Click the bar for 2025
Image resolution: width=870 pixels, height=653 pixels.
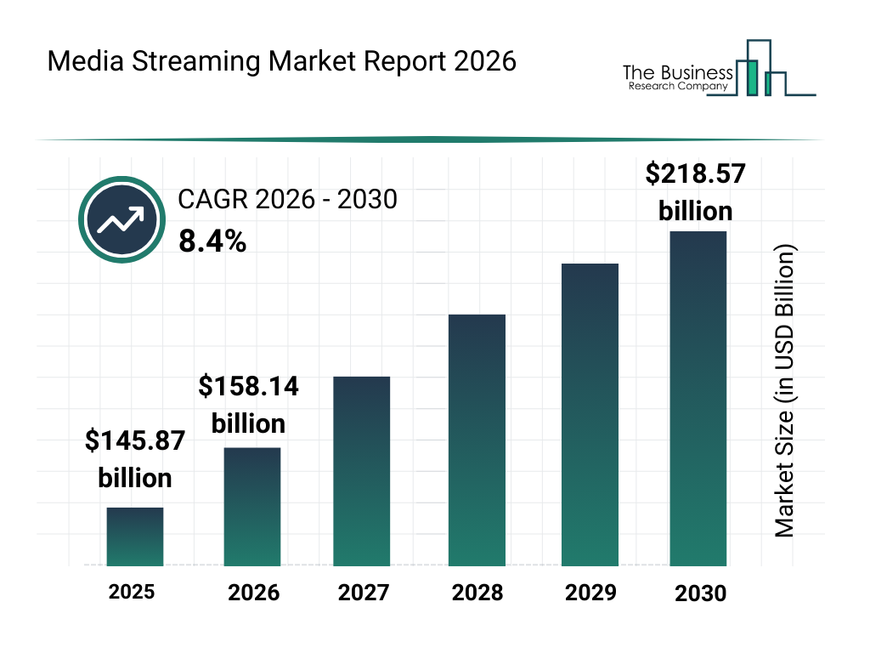point(135,537)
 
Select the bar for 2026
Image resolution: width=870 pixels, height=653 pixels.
point(252,506)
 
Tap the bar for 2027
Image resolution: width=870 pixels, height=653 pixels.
point(362,471)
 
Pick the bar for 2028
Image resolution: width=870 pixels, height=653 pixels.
point(477,440)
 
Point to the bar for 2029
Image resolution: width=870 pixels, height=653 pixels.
point(590,414)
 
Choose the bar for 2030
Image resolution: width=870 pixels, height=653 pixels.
point(698,398)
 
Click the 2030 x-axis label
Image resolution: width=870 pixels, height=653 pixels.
point(701,593)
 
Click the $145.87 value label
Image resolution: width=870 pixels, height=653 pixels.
point(135,459)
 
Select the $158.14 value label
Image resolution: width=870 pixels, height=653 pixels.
point(249,405)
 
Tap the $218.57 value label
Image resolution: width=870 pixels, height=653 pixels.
point(696,192)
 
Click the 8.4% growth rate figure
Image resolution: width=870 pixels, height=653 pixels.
point(212,242)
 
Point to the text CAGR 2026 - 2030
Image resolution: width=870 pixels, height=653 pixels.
point(287,200)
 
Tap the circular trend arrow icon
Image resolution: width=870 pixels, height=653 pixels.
point(120,219)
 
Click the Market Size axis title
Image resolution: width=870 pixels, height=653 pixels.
point(784,391)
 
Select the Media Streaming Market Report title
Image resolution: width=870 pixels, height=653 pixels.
point(281,61)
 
